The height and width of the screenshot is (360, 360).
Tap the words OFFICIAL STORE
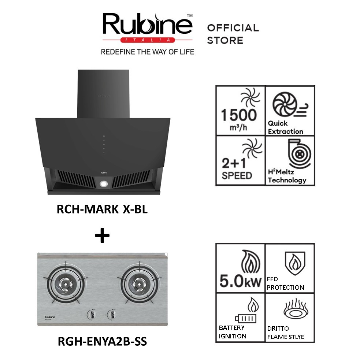233,34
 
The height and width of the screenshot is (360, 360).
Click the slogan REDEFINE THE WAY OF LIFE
147,52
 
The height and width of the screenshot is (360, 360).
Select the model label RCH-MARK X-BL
102,209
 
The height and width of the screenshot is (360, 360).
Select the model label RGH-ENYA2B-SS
102,341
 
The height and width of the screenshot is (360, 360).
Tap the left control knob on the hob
89,314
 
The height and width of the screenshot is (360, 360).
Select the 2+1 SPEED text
237,168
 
